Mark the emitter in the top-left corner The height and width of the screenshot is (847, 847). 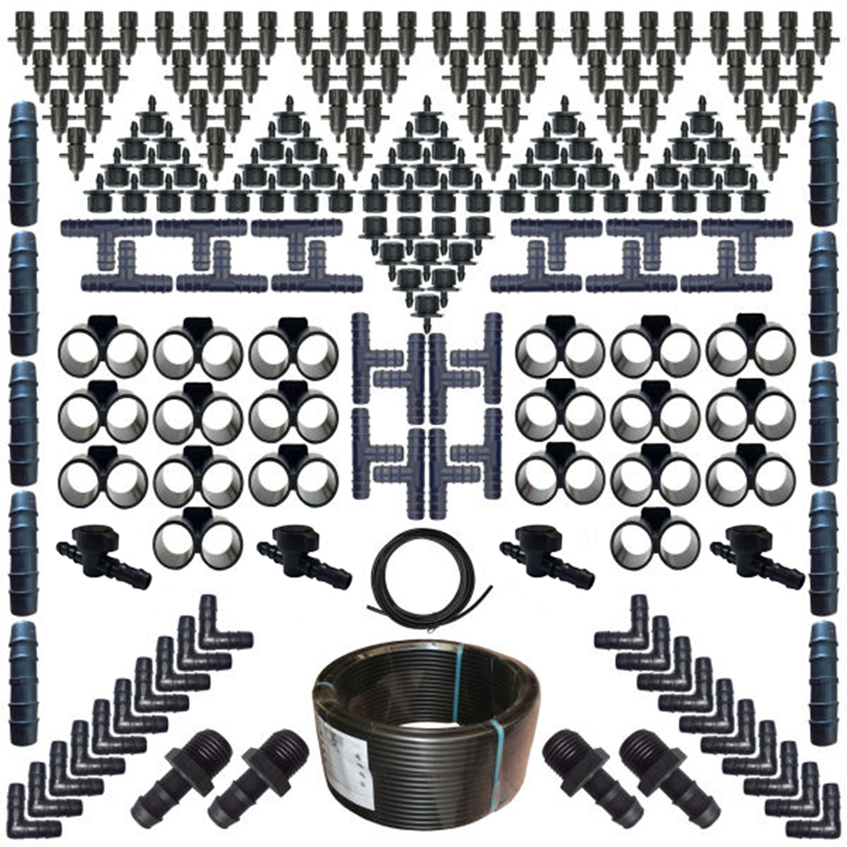[24, 31]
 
